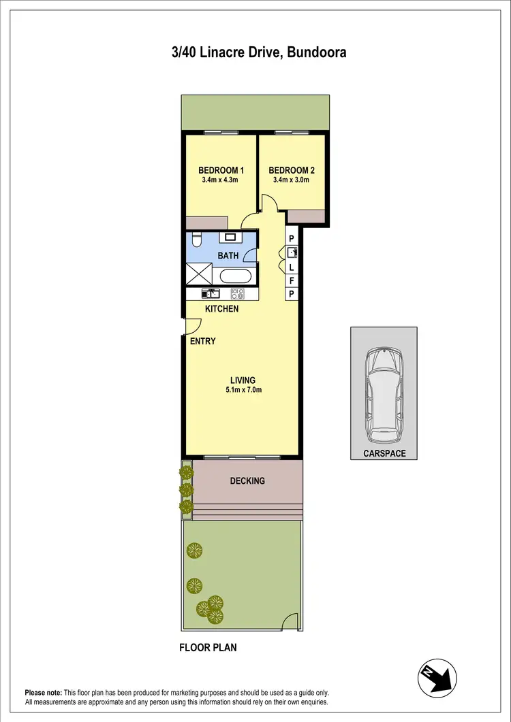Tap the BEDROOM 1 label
point(221,170)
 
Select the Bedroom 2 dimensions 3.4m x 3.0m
point(289,180)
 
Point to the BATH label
point(228,256)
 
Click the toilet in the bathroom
point(197,240)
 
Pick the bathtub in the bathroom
point(236,276)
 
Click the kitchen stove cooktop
point(238,294)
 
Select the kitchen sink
point(211,294)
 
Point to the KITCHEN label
point(222,309)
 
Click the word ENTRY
point(203,341)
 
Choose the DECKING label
point(247,481)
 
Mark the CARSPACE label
point(384,453)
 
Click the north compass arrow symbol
point(436,676)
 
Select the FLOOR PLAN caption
point(208,648)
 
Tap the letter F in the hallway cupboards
point(292,280)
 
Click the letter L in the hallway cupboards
point(292,267)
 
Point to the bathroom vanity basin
point(230,237)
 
